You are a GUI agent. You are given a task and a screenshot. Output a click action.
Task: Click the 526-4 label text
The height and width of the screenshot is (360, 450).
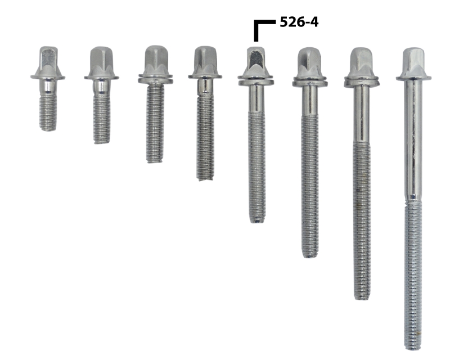299,22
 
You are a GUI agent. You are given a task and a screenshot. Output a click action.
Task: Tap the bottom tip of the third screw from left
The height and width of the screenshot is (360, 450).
155,160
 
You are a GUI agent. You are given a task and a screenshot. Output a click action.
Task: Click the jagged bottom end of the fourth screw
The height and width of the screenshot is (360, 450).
205,178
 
